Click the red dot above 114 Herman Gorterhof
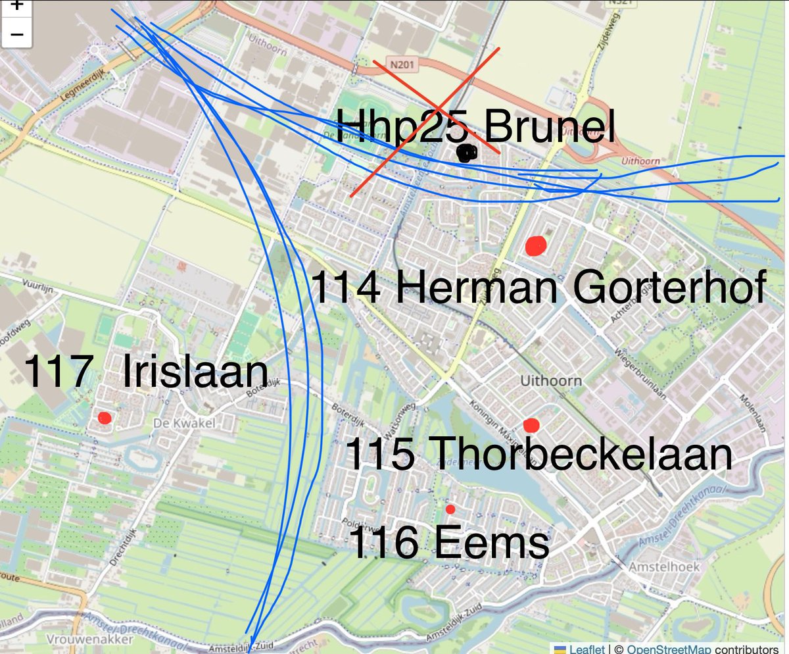pyautogui.click(x=537, y=246)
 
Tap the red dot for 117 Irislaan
pyautogui.click(x=104, y=418)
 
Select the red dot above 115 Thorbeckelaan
pyautogui.click(x=531, y=425)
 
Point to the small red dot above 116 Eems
pyautogui.click(x=450, y=509)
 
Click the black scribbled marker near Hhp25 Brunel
pyautogui.click(x=467, y=153)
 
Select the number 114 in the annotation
pyautogui.click(x=345, y=288)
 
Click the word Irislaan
pyautogui.click(x=195, y=372)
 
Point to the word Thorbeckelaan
pyautogui.click(x=583, y=455)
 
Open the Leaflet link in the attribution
pyautogui.click(x=586, y=649)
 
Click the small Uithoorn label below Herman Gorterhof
pyautogui.click(x=541, y=381)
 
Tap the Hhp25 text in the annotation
pyautogui.click(x=402, y=128)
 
